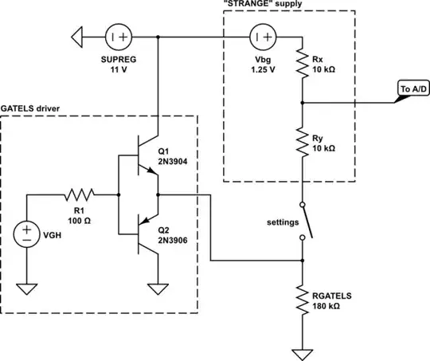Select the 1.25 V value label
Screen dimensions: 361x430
(x=264, y=69)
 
